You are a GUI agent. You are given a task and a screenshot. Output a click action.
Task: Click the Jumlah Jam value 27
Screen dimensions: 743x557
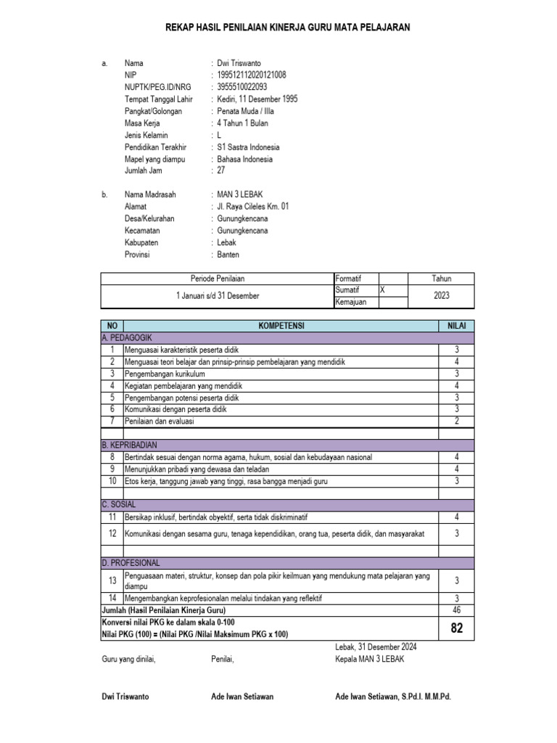click(x=221, y=171)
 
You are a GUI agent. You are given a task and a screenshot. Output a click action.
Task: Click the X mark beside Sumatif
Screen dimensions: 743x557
click(x=383, y=290)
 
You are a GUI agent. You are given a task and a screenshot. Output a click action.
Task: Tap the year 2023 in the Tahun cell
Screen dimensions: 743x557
click(x=441, y=295)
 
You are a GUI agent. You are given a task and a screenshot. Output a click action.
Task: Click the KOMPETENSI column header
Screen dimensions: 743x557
click(x=284, y=327)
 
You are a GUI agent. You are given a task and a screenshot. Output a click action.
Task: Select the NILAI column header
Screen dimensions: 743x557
click(x=456, y=327)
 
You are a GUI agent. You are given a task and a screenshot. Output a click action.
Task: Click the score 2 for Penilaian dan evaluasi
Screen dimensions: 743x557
click(x=456, y=421)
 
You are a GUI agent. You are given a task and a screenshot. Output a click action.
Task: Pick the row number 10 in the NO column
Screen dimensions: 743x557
click(x=112, y=480)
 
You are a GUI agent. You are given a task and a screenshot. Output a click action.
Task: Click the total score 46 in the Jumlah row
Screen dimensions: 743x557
click(x=456, y=611)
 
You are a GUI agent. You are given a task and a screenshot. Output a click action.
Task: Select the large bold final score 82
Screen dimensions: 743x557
click(x=456, y=628)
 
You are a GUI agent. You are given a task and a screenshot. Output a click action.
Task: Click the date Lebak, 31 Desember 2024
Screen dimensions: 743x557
click(x=376, y=647)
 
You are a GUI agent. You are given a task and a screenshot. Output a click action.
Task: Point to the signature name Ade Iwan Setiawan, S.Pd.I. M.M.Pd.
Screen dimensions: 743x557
click(x=392, y=696)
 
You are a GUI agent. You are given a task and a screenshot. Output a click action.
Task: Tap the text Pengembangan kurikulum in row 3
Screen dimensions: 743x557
click(x=165, y=374)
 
